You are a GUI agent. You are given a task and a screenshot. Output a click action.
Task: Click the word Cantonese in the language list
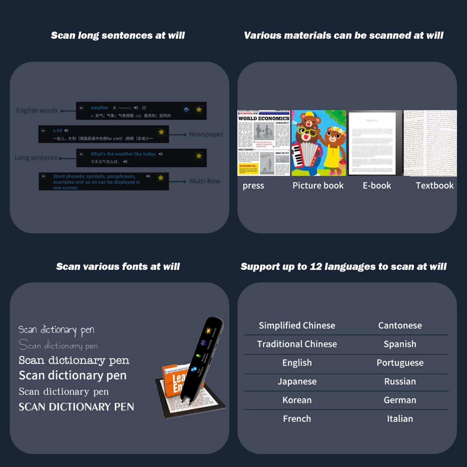click(400, 325)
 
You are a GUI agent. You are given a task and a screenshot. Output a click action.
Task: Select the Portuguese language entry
click(400, 363)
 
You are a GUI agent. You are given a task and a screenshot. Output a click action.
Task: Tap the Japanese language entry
click(297, 381)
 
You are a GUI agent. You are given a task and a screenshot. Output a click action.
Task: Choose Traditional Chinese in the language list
click(297, 344)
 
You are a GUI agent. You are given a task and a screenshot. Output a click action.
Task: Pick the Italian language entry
click(400, 419)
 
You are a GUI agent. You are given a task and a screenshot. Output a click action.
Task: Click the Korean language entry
click(297, 400)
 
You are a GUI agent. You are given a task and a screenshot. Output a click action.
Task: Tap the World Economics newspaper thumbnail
click(264, 143)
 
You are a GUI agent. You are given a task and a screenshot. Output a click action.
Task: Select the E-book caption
click(377, 186)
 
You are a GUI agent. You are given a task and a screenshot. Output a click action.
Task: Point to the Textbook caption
click(435, 186)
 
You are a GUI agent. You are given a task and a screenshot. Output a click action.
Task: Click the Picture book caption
click(318, 186)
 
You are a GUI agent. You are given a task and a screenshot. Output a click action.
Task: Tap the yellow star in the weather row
click(199, 109)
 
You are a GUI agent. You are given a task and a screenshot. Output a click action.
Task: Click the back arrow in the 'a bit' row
click(44, 131)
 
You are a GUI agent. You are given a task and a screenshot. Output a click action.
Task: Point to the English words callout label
click(37, 111)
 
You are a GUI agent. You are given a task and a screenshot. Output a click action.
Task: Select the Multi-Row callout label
click(205, 181)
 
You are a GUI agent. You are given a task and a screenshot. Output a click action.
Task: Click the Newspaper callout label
click(206, 134)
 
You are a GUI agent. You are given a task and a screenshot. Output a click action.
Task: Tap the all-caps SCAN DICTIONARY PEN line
click(76, 407)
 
